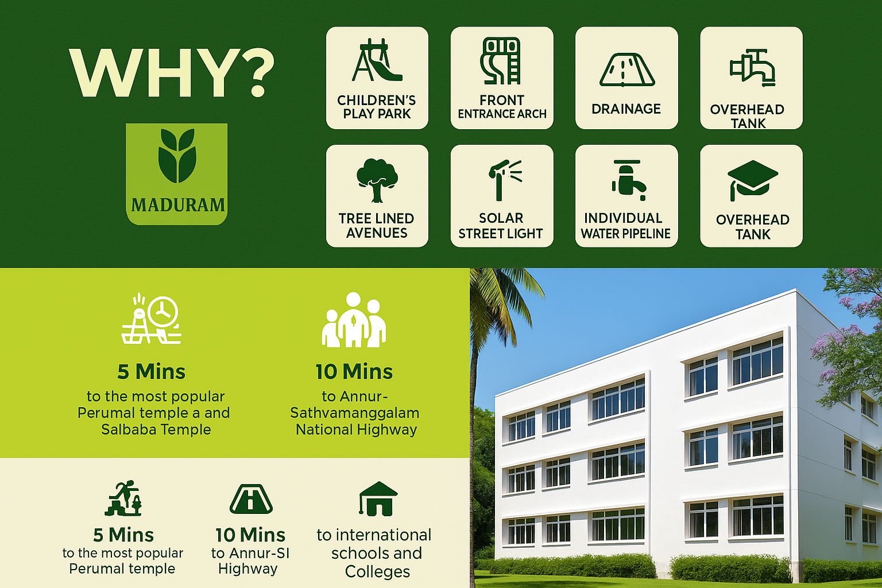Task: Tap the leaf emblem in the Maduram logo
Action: [177, 156]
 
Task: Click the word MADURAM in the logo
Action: [178, 205]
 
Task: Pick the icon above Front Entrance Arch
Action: [501, 61]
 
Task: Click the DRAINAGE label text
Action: [626, 109]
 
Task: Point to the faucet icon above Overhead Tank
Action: [752, 68]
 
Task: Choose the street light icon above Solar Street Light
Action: [504, 179]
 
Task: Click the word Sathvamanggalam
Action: [354, 413]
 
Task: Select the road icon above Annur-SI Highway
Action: [251, 498]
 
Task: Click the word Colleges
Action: [377, 571]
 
